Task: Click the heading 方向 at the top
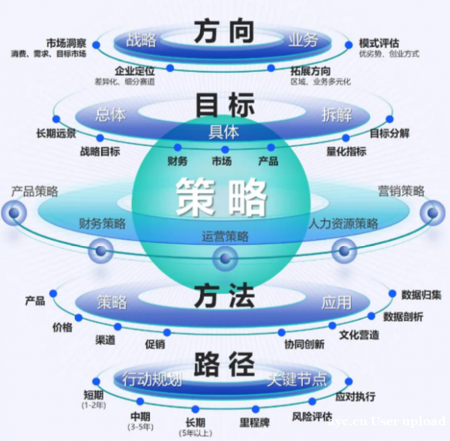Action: click(x=224, y=32)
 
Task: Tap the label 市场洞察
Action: click(x=65, y=43)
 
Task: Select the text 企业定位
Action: click(x=135, y=70)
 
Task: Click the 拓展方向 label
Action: click(x=310, y=70)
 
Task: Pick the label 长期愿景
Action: click(x=56, y=133)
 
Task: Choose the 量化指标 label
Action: click(x=346, y=151)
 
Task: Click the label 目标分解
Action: click(x=389, y=133)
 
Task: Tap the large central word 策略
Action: click(x=222, y=196)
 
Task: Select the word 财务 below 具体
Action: click(x=178, y=161)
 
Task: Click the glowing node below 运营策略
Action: click(x=224, y=259)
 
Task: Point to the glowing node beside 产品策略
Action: click(x=13, y=213)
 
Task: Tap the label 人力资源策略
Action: click(x=343, y=223)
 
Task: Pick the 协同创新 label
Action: click(x=304, y=344)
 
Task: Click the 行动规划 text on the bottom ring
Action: click(x=151, y=379)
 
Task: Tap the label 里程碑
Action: click(x=254, y=421)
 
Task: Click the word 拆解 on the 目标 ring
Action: click(x=336, y=115)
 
